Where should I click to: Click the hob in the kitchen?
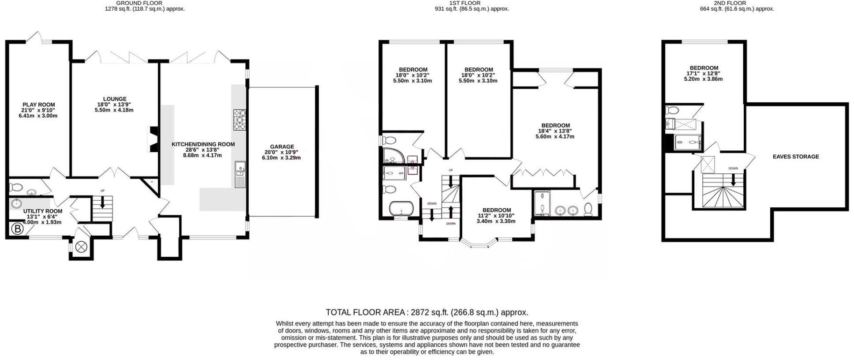(240, 120)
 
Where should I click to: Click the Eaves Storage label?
(795, 157)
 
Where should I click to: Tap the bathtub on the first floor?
(401, 208)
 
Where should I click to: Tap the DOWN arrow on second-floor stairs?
(733, 180)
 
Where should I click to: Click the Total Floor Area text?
(427, 312)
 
